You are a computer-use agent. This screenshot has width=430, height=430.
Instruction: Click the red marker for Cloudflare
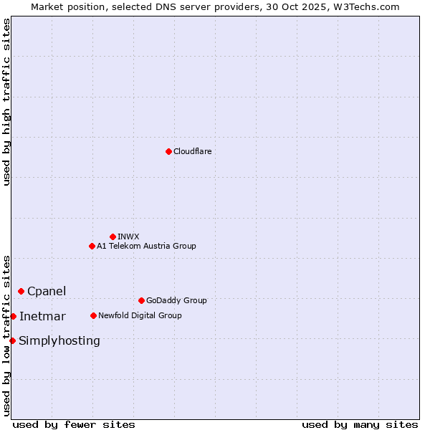[x=168, y=151]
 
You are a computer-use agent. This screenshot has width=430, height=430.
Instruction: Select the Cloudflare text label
[x=192, y=151]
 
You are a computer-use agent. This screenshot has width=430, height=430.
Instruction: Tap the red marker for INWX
[x=113, y=236]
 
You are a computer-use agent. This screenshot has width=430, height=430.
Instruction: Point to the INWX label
[x=128, y=236]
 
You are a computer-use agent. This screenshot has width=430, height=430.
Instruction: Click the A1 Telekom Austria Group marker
[x=92, y=246]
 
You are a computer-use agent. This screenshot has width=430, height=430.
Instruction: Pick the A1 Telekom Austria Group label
[x=146, y=246]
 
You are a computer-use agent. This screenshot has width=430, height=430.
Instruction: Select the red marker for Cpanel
[x=21, y=291]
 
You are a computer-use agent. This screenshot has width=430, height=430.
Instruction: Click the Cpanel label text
[x=47, y=291]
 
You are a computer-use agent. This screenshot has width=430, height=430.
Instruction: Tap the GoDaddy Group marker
[x=141, y=300]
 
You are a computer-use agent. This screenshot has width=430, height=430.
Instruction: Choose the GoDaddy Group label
[x=176, y=300]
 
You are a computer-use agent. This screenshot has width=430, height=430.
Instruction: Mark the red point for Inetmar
[x=13, y=316]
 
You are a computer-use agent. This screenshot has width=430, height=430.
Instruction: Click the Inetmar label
[x=42, y=316]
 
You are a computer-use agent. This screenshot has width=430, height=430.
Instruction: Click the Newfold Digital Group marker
[x=93, y=315]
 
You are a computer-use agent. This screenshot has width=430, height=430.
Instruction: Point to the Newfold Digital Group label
[x=140, y=315]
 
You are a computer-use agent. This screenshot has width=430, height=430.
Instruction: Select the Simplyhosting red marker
[x=12, y=340]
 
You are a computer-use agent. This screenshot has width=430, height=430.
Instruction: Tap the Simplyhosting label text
[x=59, y=340]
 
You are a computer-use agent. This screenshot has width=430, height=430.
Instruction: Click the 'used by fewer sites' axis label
[x=74, y=424]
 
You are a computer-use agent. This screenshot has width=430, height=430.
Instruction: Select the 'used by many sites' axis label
[x=360, y=424]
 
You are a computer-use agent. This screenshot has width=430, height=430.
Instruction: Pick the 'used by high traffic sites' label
[x=6, y=102]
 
